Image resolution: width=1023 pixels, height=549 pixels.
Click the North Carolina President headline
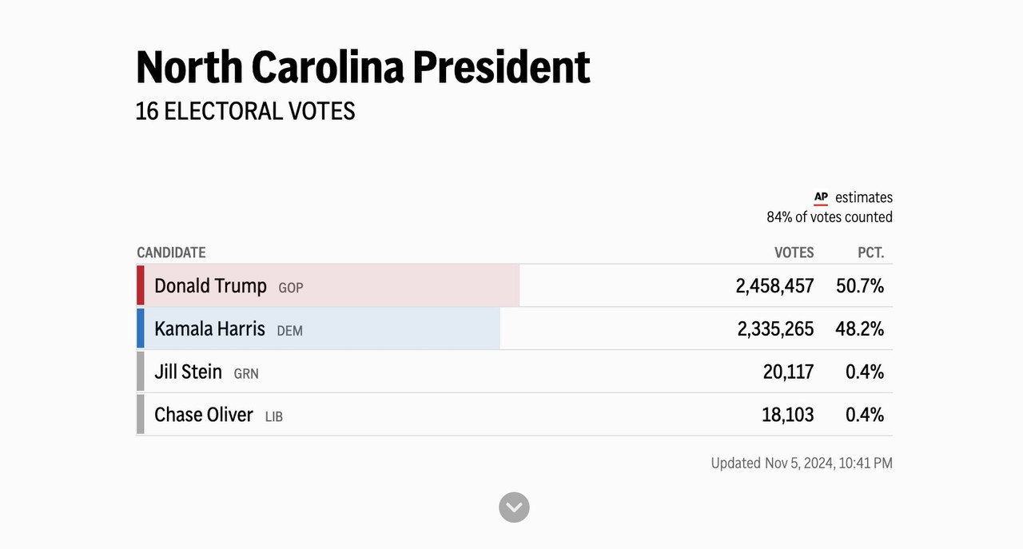[363, 68]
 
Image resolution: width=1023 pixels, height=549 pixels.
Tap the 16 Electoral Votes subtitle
[245, 111]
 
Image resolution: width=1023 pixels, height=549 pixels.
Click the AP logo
[821, 197]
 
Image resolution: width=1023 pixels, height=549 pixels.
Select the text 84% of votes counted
[830, 217]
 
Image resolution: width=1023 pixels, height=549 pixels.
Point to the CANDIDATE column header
[171, 253]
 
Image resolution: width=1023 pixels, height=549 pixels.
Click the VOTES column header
[794, 253]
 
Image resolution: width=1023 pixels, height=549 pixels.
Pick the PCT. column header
[870, 253]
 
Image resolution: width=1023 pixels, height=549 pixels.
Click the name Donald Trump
[210, 286]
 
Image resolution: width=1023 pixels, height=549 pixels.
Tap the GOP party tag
[290, 288]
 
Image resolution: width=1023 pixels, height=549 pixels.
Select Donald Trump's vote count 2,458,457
[774, 286]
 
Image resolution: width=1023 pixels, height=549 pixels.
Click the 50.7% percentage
[860, 286]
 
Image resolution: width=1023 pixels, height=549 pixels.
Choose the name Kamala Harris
[209, 329]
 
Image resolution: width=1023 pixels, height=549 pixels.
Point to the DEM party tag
[289, 331]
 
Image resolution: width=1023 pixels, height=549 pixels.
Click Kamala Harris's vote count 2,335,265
[775, 329]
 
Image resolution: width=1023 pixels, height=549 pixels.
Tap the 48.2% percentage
[859, 329]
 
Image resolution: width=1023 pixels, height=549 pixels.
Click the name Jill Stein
[188, 372]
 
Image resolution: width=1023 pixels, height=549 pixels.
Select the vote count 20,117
[788, 372]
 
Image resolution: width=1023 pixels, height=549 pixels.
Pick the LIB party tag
[274, 416]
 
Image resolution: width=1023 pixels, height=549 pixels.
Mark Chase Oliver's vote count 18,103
[788, 415]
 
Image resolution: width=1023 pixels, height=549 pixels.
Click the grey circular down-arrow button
[514, 507]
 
